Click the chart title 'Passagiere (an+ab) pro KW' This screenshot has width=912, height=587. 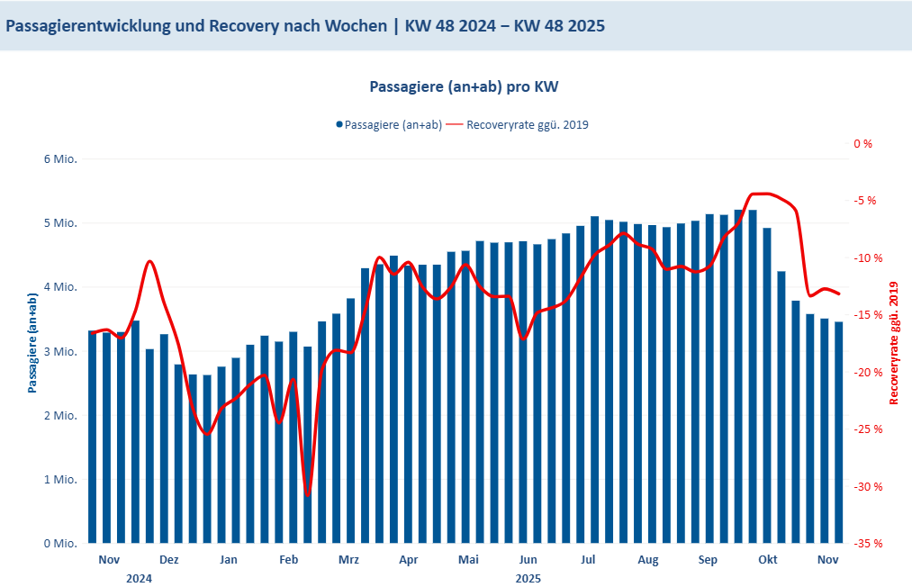click(465, 87)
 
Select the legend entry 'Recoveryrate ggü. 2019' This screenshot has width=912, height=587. click(526, 125)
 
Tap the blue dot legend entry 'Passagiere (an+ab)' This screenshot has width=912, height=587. click(389, 125)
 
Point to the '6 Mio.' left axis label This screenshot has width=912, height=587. click(60, 159)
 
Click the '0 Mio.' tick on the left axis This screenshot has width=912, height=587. click(60, 544)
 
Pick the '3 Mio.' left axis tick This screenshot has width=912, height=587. click(60, 352)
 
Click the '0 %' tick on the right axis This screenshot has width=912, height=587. click(862, 143)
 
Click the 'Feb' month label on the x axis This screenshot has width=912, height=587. click(288, 560)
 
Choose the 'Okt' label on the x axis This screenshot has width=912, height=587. click(768, 560)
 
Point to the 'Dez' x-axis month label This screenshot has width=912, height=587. click(168, 560)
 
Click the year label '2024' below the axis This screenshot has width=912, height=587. click(139, 578)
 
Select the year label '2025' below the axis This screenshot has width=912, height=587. click(528, 578)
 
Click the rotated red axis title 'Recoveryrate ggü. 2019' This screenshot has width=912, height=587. click(894, 343)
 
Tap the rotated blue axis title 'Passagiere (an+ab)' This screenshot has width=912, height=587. click(32, 343)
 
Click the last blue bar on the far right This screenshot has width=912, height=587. click(839, 432)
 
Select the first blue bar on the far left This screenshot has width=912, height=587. click(93, 437)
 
